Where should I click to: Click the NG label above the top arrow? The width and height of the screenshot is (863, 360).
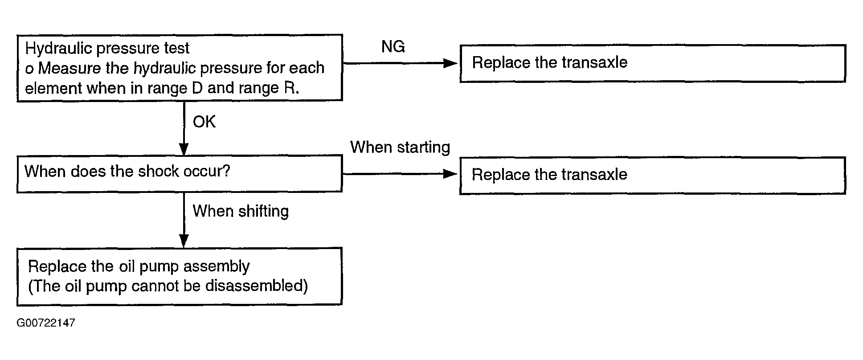[x=393, y=46]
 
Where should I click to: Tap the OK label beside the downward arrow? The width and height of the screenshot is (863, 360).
[x=204, y=122]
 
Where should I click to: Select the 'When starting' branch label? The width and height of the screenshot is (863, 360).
[x=400, y=147]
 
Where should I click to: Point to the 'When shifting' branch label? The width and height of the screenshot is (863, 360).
[x=241, y=211]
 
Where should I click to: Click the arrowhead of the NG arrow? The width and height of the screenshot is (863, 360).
[x=450, y=63]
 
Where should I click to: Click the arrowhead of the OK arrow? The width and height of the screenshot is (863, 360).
[x=184, y=149]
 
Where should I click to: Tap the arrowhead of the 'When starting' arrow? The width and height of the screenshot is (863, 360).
[x=450, y=174]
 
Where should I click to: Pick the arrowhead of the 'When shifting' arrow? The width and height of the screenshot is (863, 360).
[x=184, y=241]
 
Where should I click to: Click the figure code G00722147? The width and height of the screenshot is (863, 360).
[x=46, y=323]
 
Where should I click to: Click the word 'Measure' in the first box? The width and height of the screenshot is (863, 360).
[x=70, y=68]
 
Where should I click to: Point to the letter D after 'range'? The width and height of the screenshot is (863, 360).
[x=197, y=88]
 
